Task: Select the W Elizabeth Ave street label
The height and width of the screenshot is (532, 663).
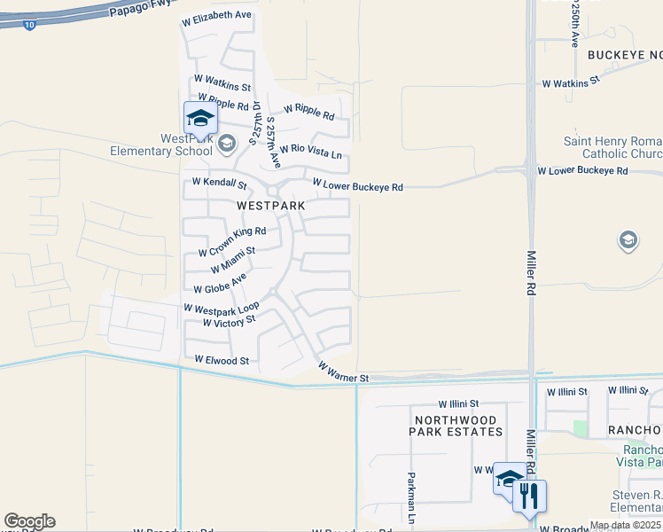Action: click(x=216, y=16)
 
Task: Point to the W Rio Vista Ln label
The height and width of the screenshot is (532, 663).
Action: click(x=310, y=152)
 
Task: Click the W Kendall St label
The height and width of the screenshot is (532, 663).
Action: click(x=220, y=184)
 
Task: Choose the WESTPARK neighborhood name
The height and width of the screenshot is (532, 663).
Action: click(x=271, y=206)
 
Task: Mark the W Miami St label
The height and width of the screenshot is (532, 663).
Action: click(x=233, y=258)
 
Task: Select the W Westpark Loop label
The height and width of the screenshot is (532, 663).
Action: click(x=221, y=308)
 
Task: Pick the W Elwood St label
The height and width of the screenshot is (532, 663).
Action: click(x=222, y=361)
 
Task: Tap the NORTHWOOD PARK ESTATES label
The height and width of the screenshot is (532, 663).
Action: click(x=456, y=424)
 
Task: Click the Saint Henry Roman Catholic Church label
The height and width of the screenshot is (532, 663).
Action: click(x=612, y=148)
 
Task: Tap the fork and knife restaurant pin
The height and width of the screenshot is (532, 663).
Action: click(x=530, y=496)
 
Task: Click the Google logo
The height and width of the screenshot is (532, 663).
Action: click(x=29, y=521)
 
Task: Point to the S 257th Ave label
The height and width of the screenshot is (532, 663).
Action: click(x=273, y=142)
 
